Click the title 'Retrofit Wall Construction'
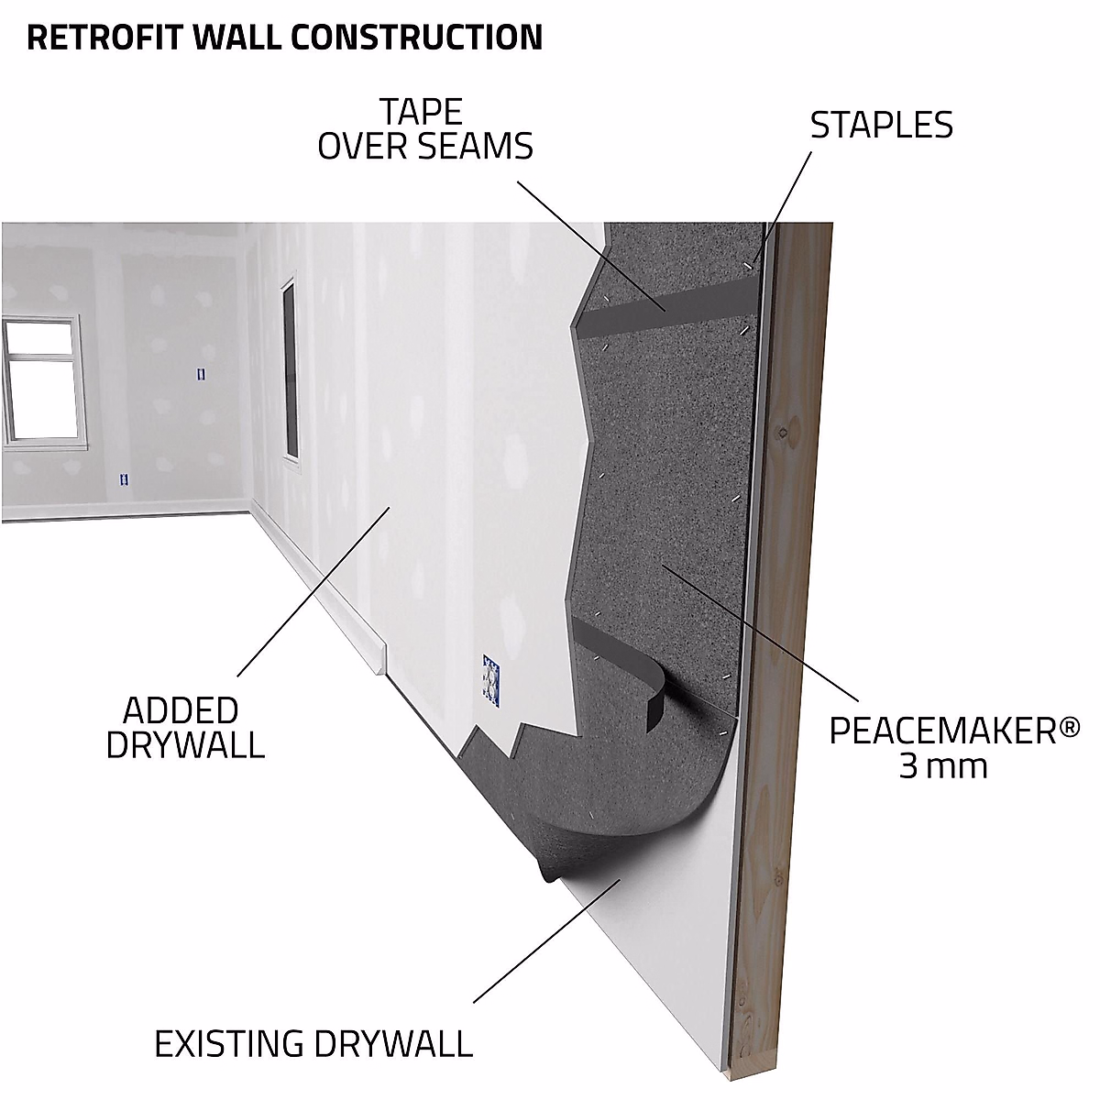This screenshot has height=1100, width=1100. pos(285,37)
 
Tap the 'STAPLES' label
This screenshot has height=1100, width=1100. pos(881,126)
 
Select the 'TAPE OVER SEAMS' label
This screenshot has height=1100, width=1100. pos(425,129)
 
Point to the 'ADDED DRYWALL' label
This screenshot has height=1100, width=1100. pos(185,726)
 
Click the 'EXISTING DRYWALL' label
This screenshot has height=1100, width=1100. pos(313,1044)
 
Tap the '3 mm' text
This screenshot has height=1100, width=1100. pos(943,766)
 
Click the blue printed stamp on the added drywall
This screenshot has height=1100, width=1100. pos(492,681)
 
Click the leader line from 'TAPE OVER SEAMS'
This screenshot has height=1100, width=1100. pos(587,238)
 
